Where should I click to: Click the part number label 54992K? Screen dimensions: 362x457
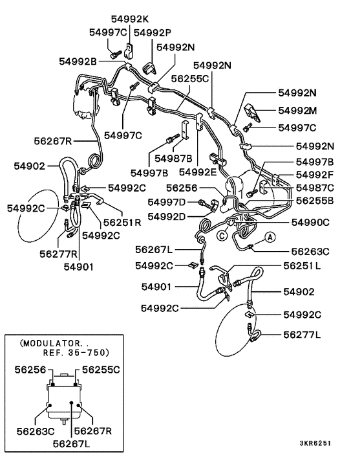130,19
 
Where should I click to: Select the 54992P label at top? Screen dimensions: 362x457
153,32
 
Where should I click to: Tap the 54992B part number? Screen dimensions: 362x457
78,61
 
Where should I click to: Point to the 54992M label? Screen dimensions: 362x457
297,111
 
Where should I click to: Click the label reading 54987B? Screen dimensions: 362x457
173,159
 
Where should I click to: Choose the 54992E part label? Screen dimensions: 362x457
198,172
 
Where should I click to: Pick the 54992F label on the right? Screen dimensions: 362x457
315,175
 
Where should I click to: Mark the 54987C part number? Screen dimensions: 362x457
315,188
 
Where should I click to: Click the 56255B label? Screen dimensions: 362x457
315,201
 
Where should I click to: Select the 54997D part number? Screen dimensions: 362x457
166,202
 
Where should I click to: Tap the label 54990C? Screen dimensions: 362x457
310,223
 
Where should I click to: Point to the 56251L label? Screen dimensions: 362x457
302,266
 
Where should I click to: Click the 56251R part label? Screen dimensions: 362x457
122,223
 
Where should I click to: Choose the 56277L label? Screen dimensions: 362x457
302,335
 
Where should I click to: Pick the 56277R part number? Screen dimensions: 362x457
58,254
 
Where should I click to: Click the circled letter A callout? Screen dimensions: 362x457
270,238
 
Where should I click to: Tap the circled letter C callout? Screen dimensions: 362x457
222,236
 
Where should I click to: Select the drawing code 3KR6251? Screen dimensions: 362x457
315,443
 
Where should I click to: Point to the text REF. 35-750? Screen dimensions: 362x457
76,353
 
